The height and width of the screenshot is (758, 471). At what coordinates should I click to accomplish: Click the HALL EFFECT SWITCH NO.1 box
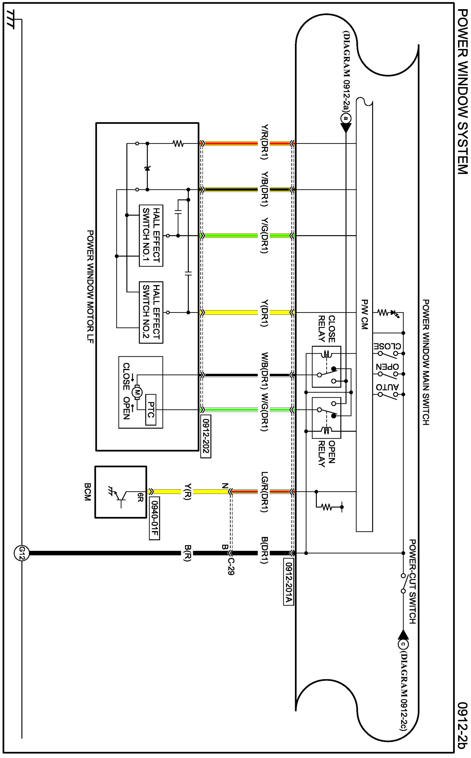(x=151, y=235)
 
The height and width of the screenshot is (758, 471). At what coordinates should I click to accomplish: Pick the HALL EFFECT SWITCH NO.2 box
(x=151, y=312)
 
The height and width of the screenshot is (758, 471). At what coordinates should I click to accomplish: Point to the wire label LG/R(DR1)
(x=264, y=492)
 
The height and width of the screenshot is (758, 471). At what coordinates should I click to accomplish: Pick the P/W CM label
(x=365, y=314)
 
